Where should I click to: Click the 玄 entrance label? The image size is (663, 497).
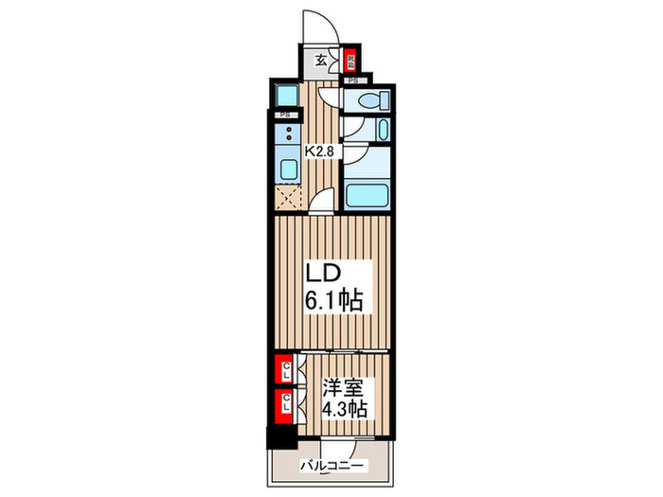click(320, 60)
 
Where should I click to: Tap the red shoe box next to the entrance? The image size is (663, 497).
click(350, 60)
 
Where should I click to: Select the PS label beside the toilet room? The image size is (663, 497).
click(353, 81)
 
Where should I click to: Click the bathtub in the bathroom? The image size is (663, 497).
click(367, 196)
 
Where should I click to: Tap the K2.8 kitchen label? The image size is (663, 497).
click(318, 150)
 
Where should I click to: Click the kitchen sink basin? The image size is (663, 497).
click(288, 170)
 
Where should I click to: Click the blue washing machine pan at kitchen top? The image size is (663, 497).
click(285, 96)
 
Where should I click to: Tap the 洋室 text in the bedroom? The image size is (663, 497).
click(343, 387)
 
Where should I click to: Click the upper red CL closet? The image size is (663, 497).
click(282, 369)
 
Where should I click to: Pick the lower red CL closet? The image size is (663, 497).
click(282, 406)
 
